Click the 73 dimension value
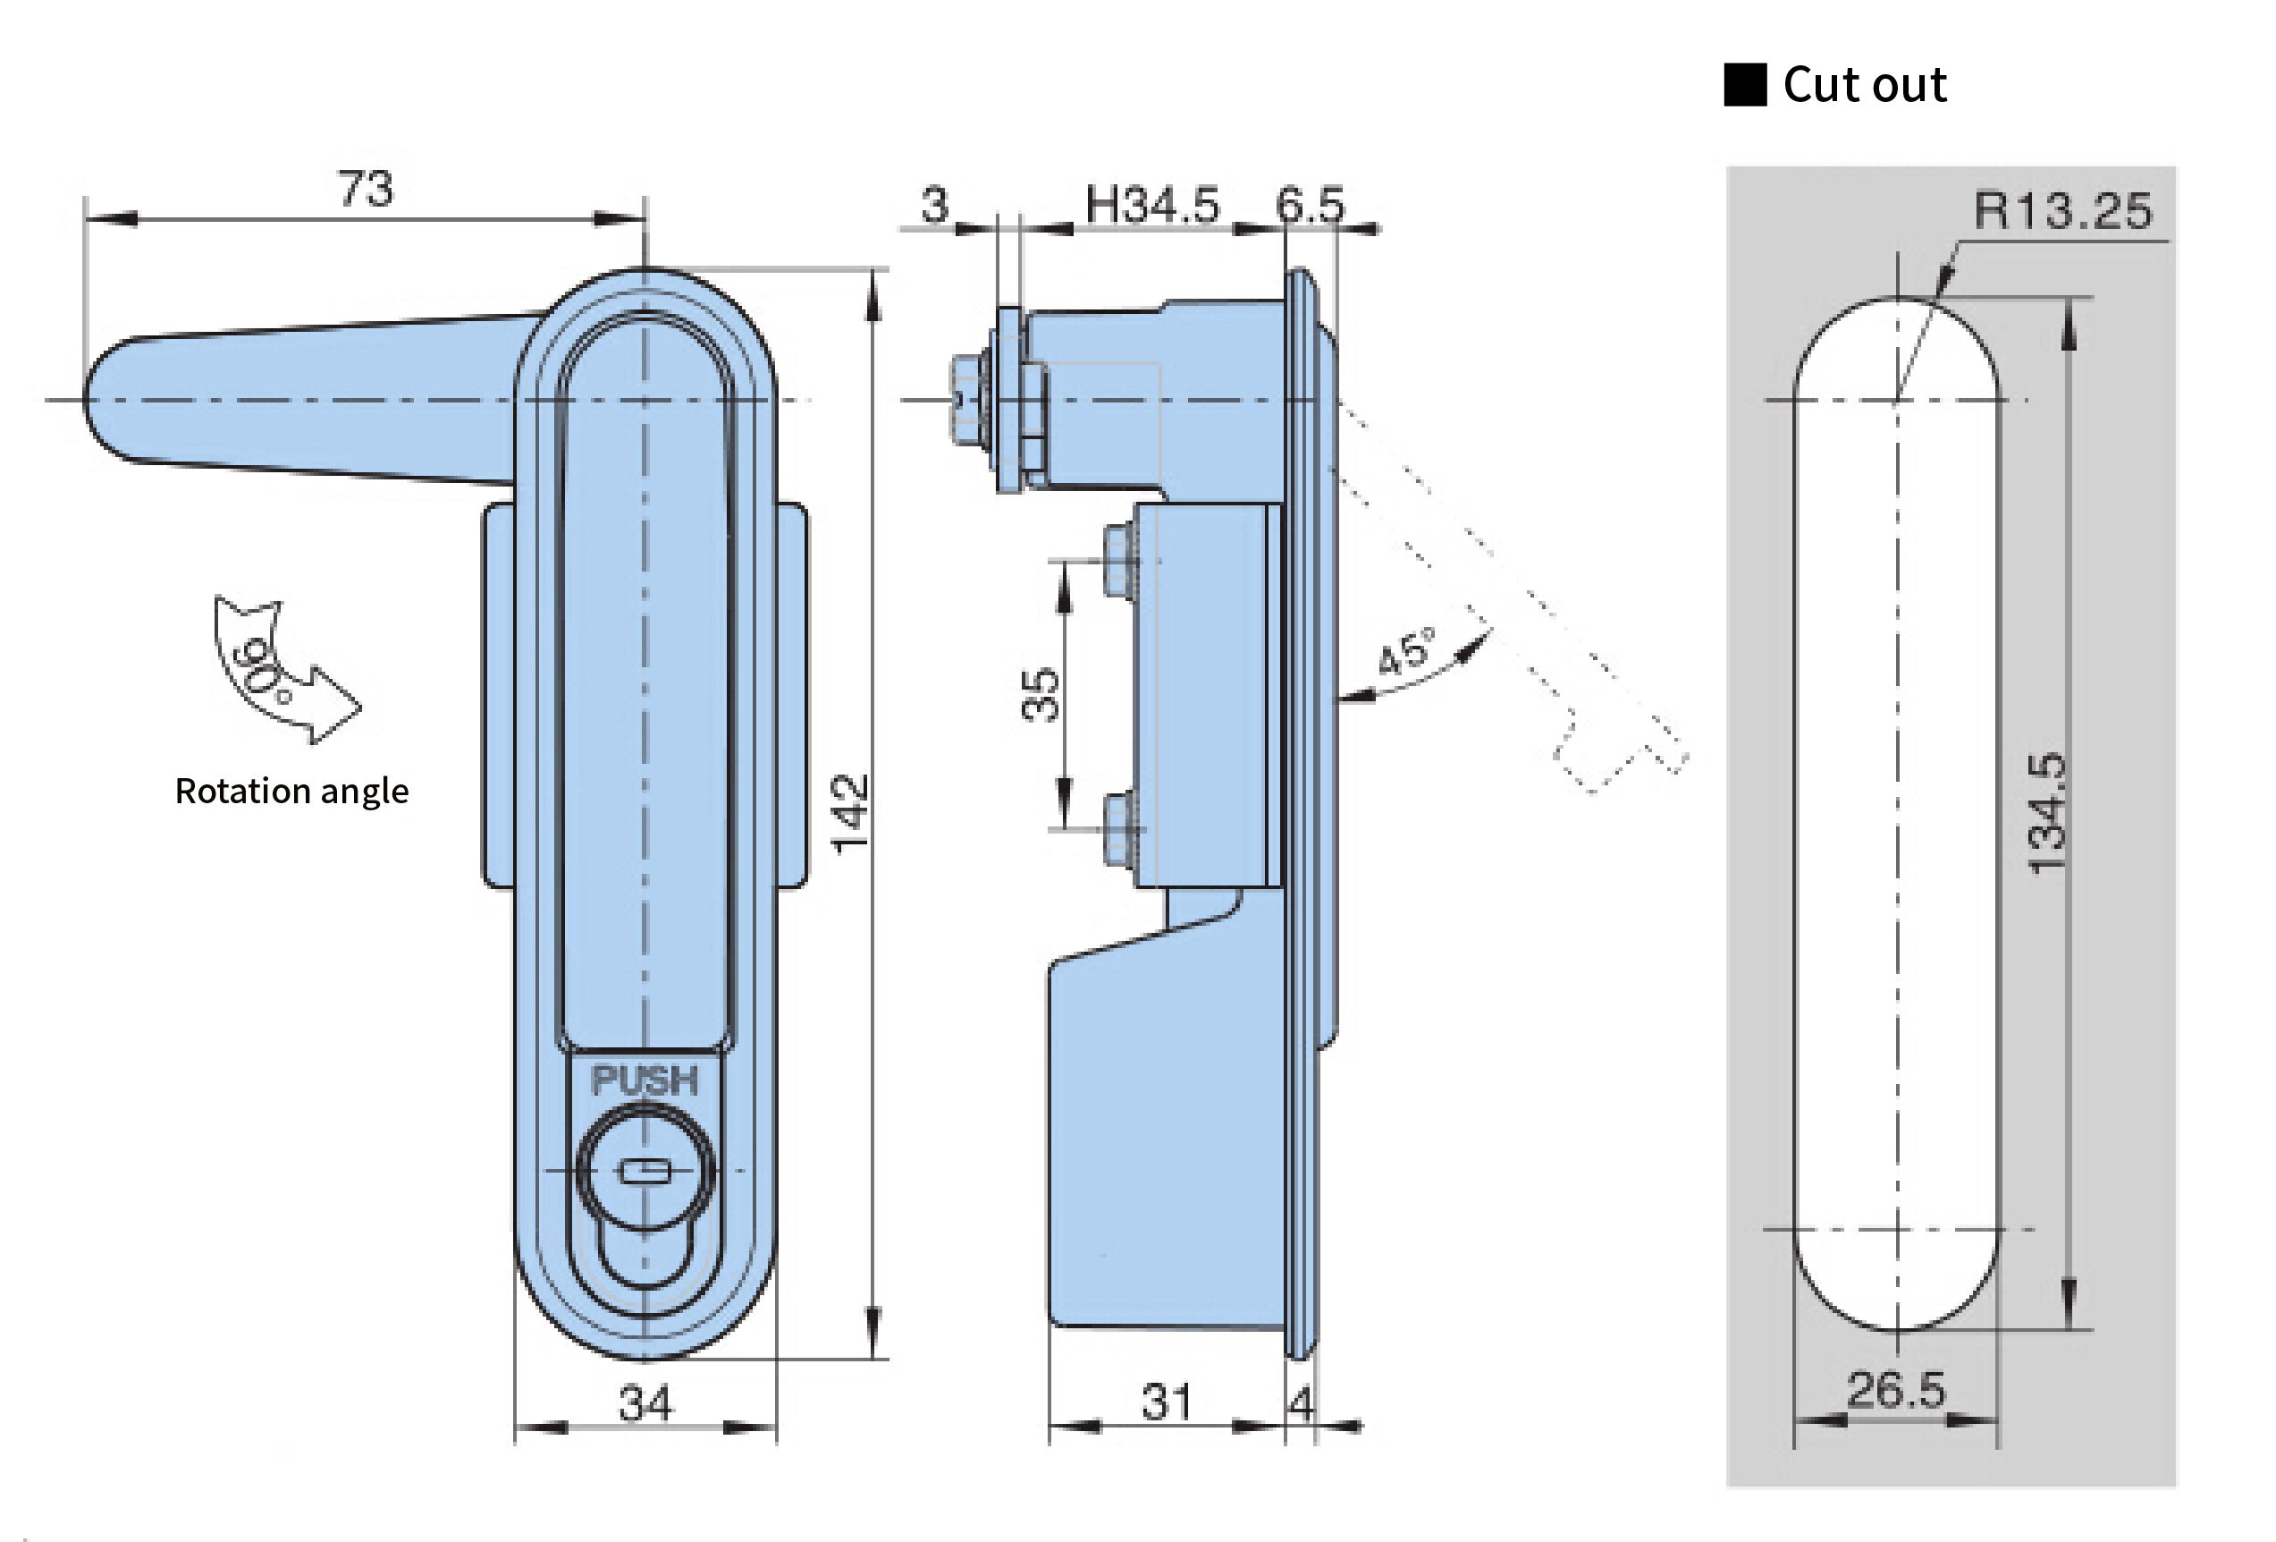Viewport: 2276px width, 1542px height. [366, 188]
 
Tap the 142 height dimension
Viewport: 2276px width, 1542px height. [848, 813]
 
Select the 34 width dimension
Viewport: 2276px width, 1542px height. [645, 1402]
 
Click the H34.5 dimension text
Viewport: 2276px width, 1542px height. [1151, 206]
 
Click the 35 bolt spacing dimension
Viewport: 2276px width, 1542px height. [1040, 695]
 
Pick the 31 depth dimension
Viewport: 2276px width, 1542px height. [1167, 1402]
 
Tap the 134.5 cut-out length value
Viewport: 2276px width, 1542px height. [2047, 813]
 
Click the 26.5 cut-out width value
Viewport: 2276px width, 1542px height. [1896, 1389]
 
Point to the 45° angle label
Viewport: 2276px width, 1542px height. [1405, 651]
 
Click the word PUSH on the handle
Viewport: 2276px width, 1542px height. [645, 1080]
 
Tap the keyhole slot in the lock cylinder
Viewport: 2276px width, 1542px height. [645, 1171]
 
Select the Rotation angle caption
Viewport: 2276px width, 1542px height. [291, 791]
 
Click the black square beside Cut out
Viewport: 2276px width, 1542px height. [1745, 84]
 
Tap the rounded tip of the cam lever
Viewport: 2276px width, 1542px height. [108, 400]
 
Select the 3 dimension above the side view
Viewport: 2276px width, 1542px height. [934, 206]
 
